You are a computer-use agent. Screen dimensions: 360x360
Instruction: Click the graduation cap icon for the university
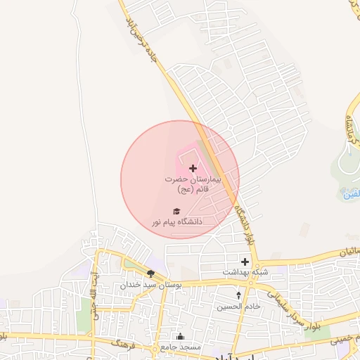pos(176,211)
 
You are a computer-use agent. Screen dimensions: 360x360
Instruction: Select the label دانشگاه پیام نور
pos(176,221)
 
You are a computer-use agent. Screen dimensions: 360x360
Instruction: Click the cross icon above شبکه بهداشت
pos(245,262)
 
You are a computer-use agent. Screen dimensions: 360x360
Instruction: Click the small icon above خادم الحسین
pos(238,295)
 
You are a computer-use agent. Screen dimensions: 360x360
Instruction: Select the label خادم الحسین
pos(238,307)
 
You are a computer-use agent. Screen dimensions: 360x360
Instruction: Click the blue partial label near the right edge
pos(352,194)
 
